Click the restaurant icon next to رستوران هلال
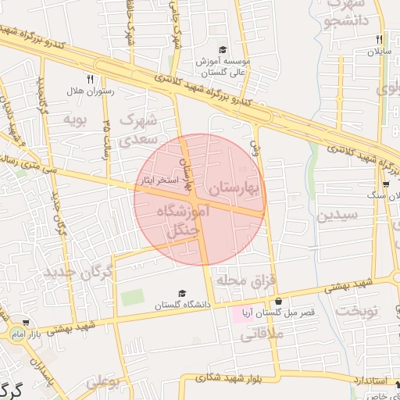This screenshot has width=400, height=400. click(x=90, y=79)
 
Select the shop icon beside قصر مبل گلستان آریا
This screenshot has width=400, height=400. click(x=277, y=302)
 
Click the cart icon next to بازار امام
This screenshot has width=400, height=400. click(x=26, y=322)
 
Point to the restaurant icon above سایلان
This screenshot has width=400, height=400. click(x=379, y=39)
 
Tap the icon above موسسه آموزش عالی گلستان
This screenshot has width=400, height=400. click(x=223, y=48)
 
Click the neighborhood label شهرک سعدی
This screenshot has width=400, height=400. click(x=139, y=130)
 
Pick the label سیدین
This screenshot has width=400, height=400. click(x=337, y=215)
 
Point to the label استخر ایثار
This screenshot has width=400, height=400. click(x=173, y=180)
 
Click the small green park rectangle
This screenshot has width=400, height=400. click(x=132, y=298)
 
